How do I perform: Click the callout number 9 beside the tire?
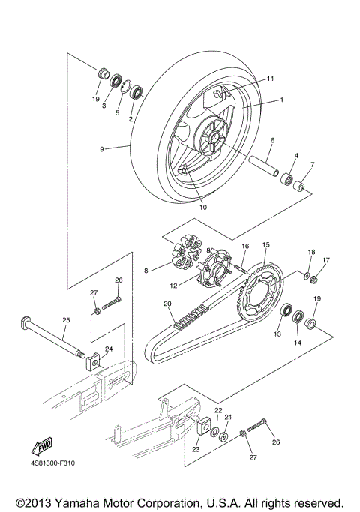pyautogui.click(x=101, y=149)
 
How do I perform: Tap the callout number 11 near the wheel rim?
pyautogui.click(x=270, y=79)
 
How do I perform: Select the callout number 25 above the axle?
pyautogui.click(x=65, y=320)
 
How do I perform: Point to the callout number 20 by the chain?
pyautogui.click(x=167, y=304)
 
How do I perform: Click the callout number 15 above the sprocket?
pyautogui.click(x=265, y=245)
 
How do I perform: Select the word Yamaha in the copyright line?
pyautogui.click(x=94, y=502)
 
